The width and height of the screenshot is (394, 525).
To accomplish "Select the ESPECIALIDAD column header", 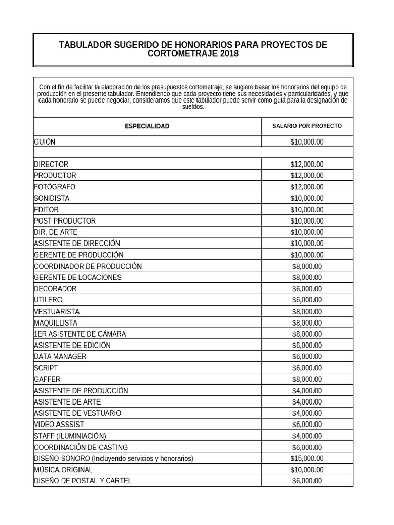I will coord(147,126).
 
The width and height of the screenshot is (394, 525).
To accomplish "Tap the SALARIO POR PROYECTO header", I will coord(307,126).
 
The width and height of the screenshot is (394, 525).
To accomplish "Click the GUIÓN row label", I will coord(45,142).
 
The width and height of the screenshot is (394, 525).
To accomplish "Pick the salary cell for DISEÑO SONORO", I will coord(307,458).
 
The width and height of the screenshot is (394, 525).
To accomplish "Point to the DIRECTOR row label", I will coord(51,165).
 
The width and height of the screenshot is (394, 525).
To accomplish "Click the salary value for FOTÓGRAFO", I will coord(307,187).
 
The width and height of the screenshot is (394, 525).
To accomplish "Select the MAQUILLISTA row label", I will coord(56,323).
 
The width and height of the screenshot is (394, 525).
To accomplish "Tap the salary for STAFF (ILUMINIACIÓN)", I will coord(307,436).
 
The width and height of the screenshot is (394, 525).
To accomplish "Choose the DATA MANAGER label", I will coord(60,357).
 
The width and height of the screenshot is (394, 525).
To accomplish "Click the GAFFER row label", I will coord(47,379).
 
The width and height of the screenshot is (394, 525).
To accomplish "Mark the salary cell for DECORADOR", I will coord(307,289).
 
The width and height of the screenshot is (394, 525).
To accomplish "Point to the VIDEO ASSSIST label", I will coord(59,425).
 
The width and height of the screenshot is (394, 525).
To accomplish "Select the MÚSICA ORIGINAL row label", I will coord(64,470).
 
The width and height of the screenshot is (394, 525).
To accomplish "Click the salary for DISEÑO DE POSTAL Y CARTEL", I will coord(307,481).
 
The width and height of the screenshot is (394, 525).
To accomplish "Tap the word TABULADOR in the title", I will coord(86,45).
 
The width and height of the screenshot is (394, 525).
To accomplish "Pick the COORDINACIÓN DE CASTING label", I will coord(81,447).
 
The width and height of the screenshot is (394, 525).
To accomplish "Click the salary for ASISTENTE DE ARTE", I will coord(307,402).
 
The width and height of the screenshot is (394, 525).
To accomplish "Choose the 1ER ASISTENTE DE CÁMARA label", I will coord(80,334).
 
